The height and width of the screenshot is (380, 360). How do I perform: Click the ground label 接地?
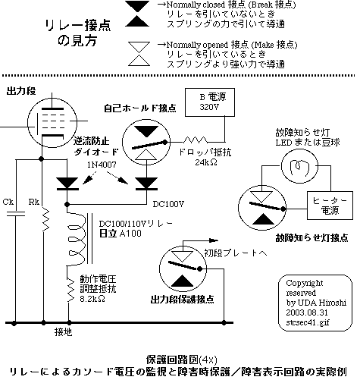[x=64, y=331]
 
